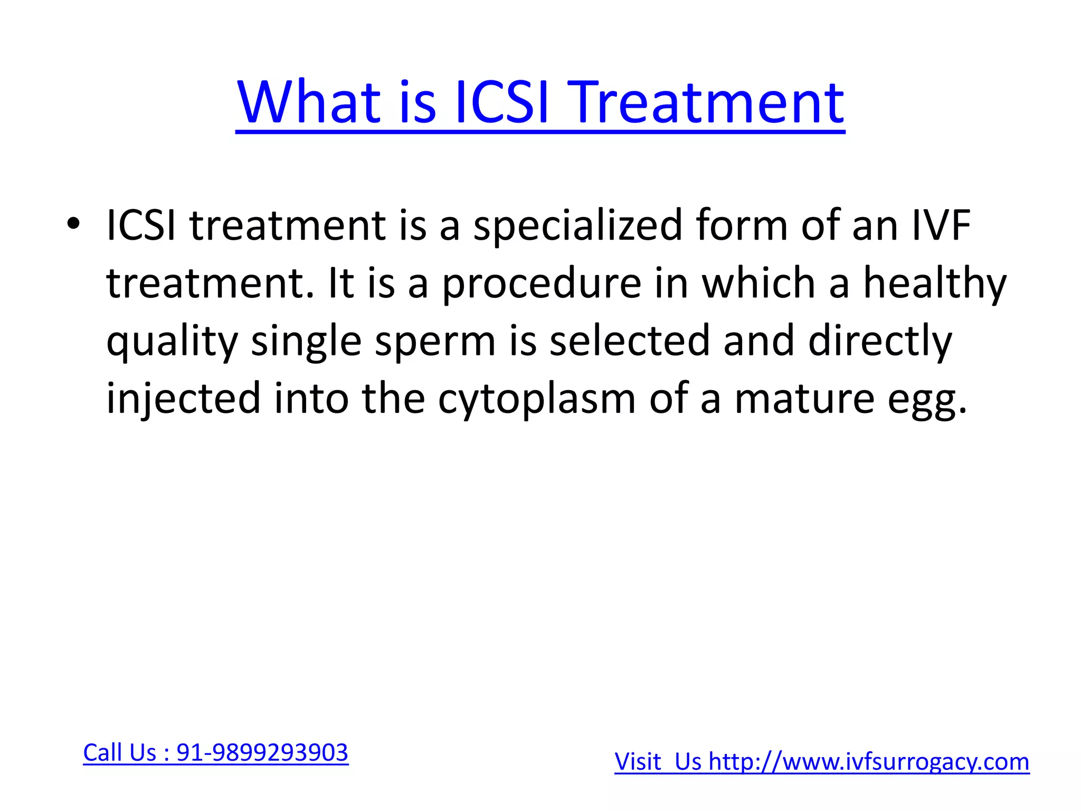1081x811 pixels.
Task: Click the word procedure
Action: pyautogui.click(x=542, y=284)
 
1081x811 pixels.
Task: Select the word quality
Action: pyautogui.click(x=172, y=342)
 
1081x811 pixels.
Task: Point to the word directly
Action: pyautogui.click(x=879, y=342)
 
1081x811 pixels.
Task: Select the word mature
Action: pyautogui.click(x=804, y=399)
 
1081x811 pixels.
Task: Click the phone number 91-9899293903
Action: pyautogui.click(x=262, y=752)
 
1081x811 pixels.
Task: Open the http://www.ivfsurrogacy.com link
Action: pyautogui.click(x=869, y=762)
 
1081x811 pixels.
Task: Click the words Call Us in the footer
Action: pyautogui.click(x=120, y=752)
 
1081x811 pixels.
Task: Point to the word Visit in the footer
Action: pyautogui.click(x=638, y=762)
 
